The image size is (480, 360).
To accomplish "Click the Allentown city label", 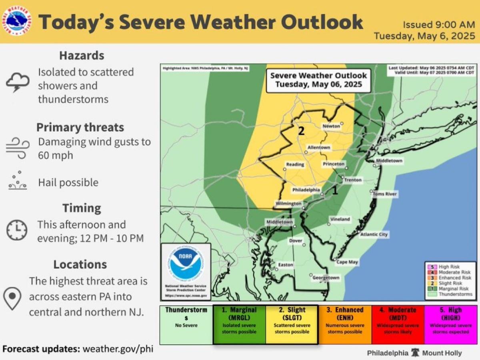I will [319, 148].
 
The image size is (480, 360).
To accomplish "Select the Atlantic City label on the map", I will [374, 234].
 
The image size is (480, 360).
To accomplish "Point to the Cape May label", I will [347, 262].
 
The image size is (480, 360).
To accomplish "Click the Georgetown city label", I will [326, 278].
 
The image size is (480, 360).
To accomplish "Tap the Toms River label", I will [385, 194].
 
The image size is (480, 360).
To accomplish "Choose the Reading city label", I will [295, 164].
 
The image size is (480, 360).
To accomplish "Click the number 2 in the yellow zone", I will [302, 131].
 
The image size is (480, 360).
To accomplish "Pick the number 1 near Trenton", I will [335, 191].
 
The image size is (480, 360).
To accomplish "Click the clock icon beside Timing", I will [17, 230].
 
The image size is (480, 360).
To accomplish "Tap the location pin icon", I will [12, 298].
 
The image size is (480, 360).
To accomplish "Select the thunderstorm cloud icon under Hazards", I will [17, 83].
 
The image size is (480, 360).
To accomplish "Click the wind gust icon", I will [17, 148].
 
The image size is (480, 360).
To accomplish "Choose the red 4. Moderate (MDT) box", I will [398, 324].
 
